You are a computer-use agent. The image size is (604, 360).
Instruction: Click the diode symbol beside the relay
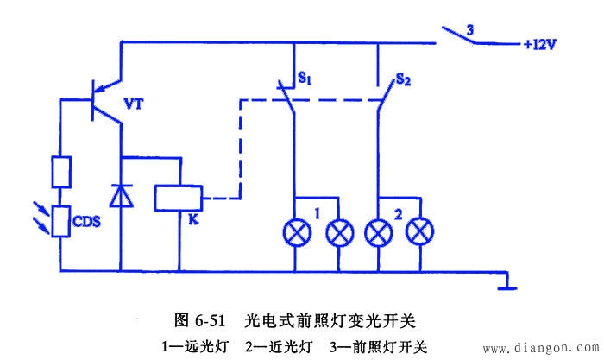tap(123, 195)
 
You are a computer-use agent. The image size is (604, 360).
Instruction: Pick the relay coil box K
tap(179, 198)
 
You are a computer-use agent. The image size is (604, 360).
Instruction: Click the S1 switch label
tap(305, 79)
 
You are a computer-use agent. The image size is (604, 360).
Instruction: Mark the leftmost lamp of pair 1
tap(296, 232)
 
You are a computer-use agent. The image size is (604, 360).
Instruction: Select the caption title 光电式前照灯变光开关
tap(329, 320)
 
